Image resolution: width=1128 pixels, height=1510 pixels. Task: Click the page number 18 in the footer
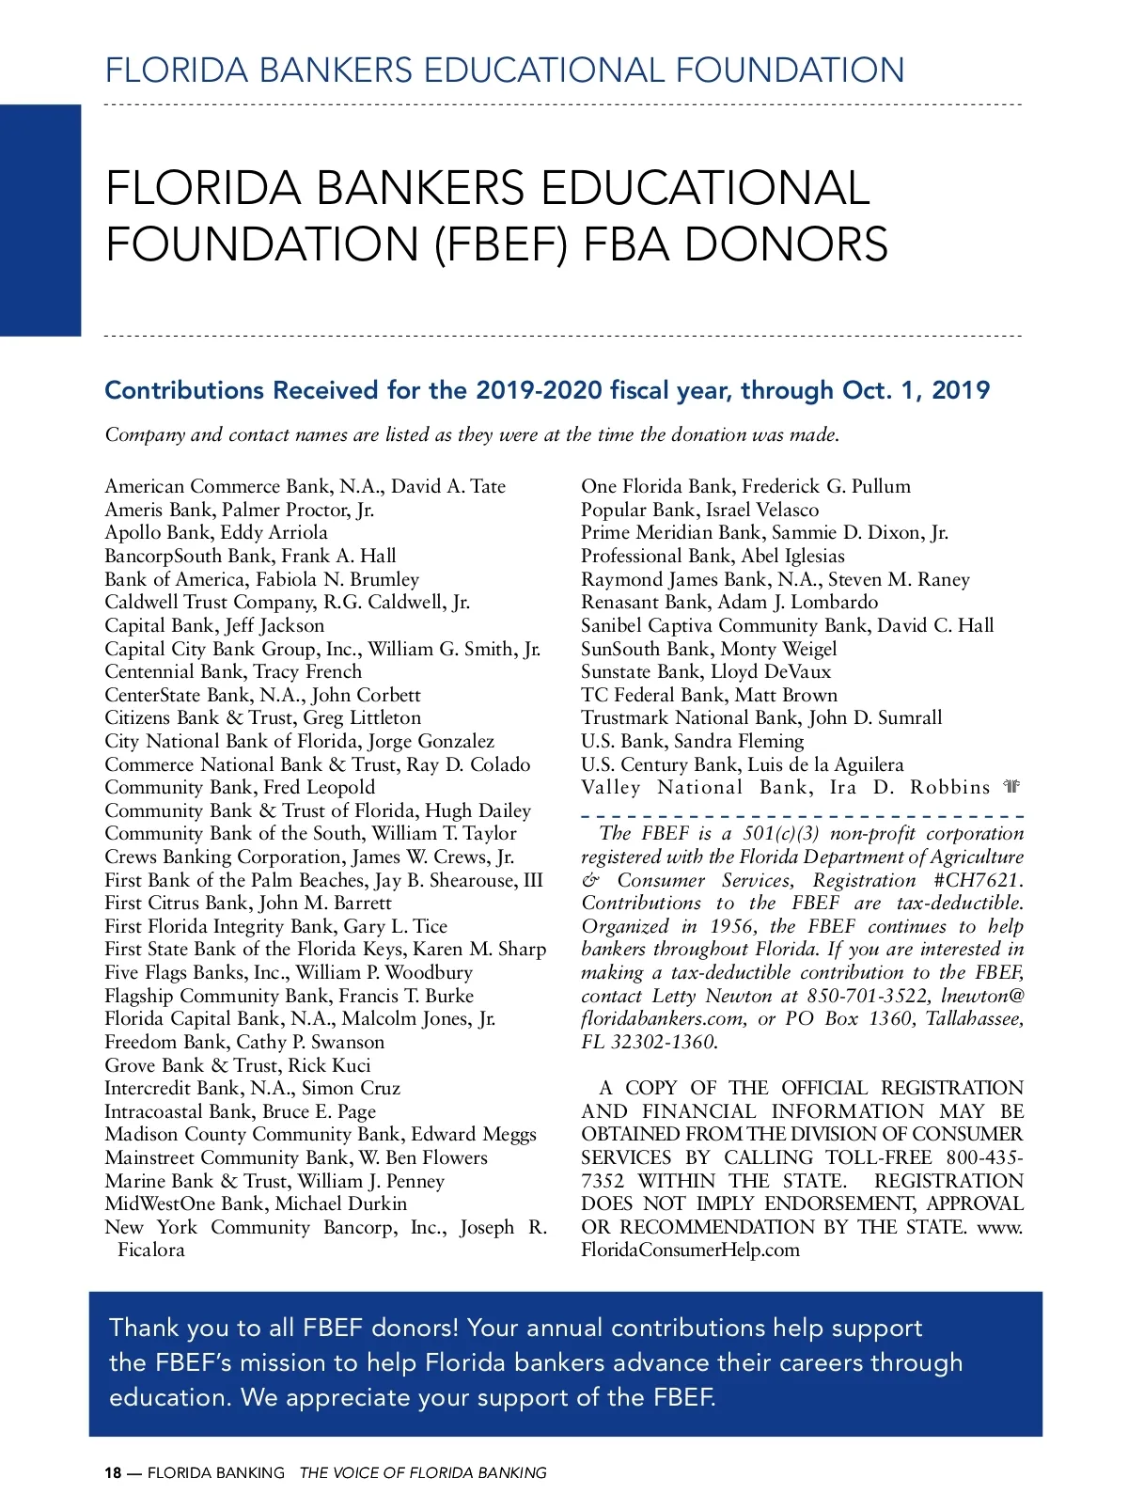[113, 1473]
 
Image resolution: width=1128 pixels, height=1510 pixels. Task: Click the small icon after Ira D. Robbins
[1011, 787]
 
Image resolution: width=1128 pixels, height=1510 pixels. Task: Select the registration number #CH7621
[978, 880]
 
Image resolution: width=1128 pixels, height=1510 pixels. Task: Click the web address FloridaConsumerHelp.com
[690, 1250]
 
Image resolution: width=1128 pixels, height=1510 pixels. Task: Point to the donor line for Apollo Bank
[216, 532]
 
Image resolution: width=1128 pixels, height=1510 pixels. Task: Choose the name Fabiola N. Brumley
[337, 579]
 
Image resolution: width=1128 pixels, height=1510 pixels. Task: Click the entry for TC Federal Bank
[709, 695]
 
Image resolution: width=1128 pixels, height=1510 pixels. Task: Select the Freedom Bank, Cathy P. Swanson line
[244, 1042]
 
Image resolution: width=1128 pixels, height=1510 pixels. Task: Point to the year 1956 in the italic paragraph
[732, 926]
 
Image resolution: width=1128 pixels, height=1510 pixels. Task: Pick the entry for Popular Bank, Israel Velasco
[699, 510]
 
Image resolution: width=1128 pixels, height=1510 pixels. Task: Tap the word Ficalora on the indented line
[150, 1250]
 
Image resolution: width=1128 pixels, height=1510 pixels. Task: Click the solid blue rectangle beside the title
[40, 220]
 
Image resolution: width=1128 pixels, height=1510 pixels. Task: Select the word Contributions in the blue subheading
[184, 390]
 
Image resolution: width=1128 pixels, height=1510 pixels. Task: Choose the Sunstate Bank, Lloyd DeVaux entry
[706, 671]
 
